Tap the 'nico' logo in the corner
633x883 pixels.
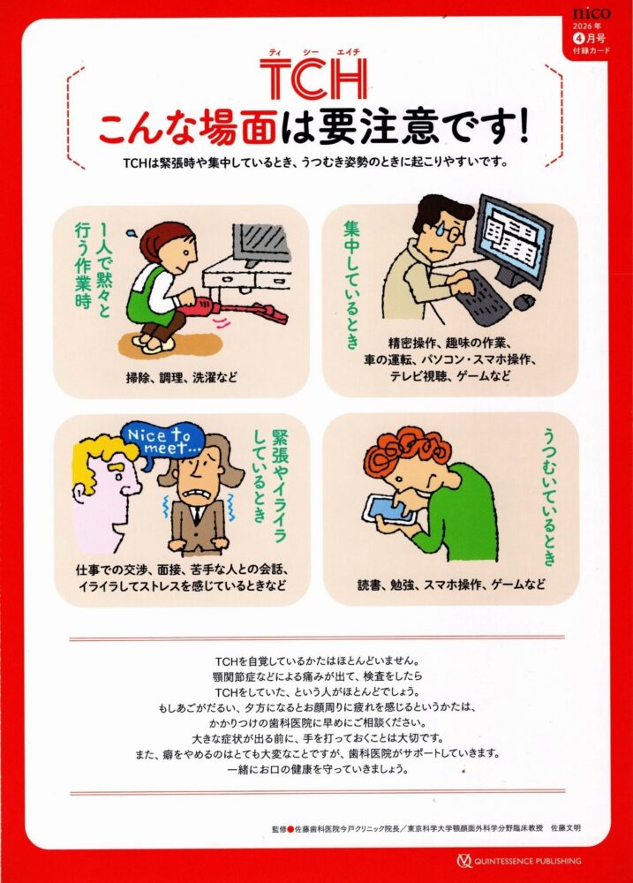pyautogui.click(x=592, y=13)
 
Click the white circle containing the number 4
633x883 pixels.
pyautogui.click(x=578, y=39)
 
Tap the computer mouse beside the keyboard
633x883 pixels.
pyautogui.click(x=524, y=302)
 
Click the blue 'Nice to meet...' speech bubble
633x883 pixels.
pyautogui.click(x=158, y=441)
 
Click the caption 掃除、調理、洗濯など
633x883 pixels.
pyautogui.click(x=181, y=378)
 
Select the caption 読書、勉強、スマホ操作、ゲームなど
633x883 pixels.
pyautogui.click(x=451, y=584)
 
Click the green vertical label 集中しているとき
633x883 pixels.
pyautogui.click(x=351, y=283)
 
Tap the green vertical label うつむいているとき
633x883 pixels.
pyautogui.click(x=549, y=495)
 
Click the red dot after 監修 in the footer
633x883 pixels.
pyautogui.click(x=290, y=829)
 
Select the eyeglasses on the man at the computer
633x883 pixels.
pyautogui.click(x=447, y=230)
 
